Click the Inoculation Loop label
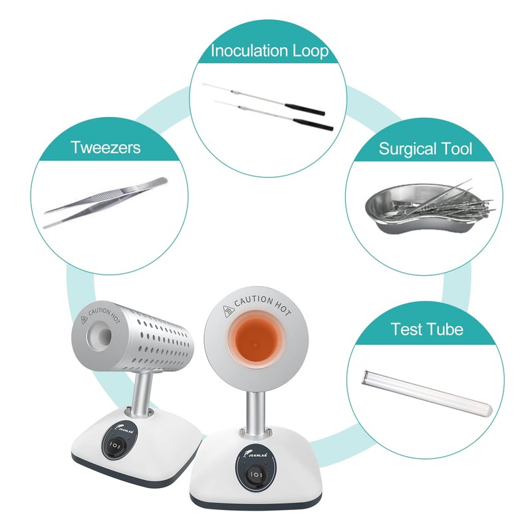point(269,51)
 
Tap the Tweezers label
point(106,147)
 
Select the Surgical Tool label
point(426,148)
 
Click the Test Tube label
point(426,329)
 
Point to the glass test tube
point(426,389)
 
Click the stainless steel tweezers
point(106,201)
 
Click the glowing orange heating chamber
point(256,342)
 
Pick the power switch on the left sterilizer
point(115,445)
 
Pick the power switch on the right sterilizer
point(255,475)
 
